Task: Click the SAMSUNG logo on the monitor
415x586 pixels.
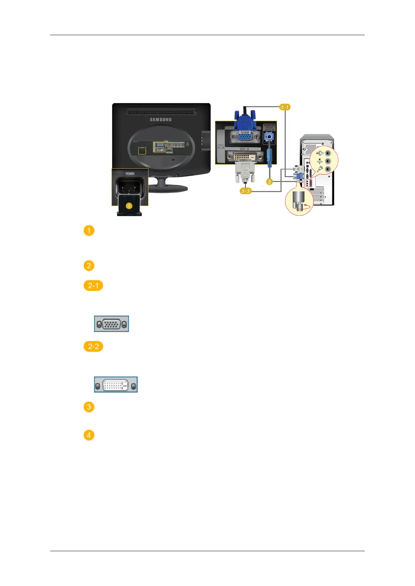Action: [161, 119]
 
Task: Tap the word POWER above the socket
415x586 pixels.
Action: [130, 173]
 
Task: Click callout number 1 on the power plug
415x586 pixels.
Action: [129, 206]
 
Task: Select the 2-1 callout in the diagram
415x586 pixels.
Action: [285, 107]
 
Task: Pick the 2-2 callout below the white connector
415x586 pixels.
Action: [246, 191]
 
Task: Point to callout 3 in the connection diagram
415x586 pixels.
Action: [269, 182]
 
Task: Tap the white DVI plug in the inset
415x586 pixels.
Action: [245, 172]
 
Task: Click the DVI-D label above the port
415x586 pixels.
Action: [244, 149]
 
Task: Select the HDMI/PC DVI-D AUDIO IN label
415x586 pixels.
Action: [269, 127]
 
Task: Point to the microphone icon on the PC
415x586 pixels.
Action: [319, 169]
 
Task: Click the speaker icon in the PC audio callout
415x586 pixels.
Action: [320, 153]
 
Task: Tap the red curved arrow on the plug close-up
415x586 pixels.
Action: [307, 206]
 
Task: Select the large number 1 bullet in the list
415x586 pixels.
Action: [89, 231]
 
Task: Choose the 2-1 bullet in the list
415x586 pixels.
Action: [93, 286]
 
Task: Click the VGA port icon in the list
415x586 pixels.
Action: [112, 324]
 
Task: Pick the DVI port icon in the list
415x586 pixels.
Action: [116, 385]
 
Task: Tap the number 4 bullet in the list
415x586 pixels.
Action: [89, 435]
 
